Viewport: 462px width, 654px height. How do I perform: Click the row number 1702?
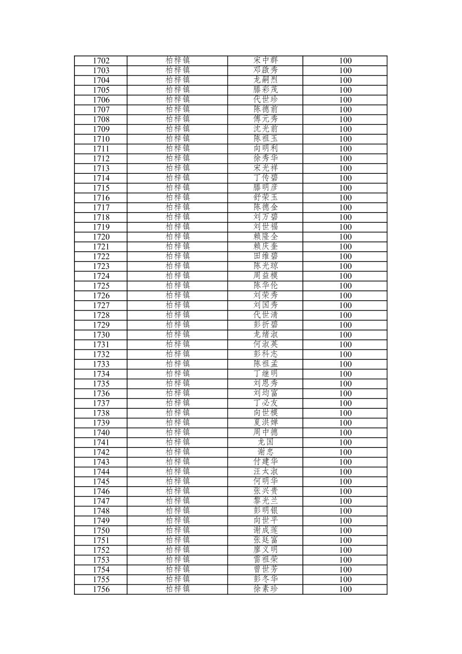(x=101, y=61)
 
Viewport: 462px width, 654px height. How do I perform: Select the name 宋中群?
(x=265, y=60)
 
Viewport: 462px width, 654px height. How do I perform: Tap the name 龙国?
(x=265, y=442)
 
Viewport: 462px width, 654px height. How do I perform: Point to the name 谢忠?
(x=265, y=452)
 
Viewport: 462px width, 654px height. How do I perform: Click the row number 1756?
(x=101, y=589)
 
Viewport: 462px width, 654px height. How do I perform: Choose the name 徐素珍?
(x=265, y=589)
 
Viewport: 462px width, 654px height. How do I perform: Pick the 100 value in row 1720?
(x=345, y=237)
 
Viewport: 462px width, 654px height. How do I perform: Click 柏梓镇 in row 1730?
(x=177, y=334)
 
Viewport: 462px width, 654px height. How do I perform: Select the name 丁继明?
(x=265, y=373)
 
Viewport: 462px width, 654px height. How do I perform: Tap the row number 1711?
(x=101, y=149)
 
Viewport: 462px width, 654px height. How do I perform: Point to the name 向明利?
(x=265, y=148)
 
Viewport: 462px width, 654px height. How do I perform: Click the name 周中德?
(x=265, y=432)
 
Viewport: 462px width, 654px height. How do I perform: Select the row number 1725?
(x=101, y=286)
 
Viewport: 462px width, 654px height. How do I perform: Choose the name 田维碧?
(x=265, y=256)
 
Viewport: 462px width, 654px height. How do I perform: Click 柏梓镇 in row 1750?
(x=177, y=530)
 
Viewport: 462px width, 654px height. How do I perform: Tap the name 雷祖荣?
(x=265, y=559)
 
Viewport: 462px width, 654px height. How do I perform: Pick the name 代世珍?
(x=265, y=99)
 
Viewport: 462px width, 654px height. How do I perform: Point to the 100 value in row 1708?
(x=345, y=120)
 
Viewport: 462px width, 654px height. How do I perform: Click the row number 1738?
(x=101, y=413)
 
